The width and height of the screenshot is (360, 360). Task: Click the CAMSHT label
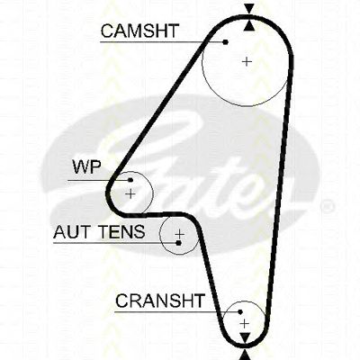click(139, 31)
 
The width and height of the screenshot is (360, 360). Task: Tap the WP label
click(87, 166)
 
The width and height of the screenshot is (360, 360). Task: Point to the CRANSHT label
click(160, 301)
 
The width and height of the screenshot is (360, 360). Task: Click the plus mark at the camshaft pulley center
click(247, 62)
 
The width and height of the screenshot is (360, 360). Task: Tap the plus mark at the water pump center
click(130, 194)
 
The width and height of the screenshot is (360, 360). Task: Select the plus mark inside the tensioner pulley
click(179, 234)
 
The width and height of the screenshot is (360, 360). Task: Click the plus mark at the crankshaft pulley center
click(245, 324)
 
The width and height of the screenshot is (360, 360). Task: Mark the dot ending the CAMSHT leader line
click(226, 42)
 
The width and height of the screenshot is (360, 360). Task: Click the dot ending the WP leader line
click(130, 180)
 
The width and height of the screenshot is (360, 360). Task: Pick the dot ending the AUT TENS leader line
click(178, 243)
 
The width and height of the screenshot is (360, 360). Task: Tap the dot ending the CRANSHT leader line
click(240, 312)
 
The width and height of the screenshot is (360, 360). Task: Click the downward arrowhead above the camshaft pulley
click(249, 8)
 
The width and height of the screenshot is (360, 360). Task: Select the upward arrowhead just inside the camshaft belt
click(249, 25)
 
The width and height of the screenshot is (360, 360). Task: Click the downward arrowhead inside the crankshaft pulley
click(245, 338)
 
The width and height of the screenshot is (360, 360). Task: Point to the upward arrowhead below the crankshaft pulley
click(246, 355)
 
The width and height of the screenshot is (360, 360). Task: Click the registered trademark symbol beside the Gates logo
click(328, 206)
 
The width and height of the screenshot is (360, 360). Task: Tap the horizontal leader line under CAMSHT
click(162, 42)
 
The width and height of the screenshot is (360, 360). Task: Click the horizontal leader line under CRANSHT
click(176, 312)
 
